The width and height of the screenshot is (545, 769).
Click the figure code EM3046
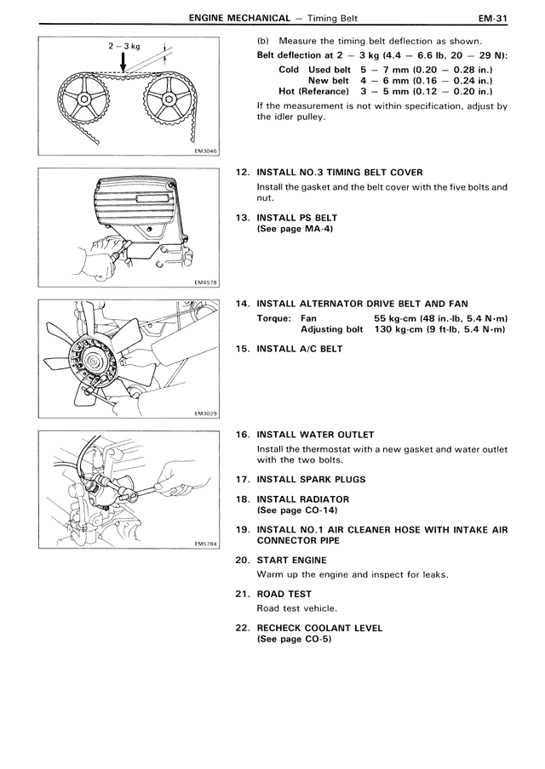point(205,151)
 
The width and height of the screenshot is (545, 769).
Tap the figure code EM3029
point(205,413)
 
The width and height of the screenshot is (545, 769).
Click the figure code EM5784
point(205,544)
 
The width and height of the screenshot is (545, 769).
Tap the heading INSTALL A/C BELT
point(299,348)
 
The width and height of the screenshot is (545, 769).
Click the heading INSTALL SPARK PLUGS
point(307,481)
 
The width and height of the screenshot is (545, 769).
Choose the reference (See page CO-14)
point(297,510)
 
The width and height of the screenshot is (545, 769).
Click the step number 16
point(242,435)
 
